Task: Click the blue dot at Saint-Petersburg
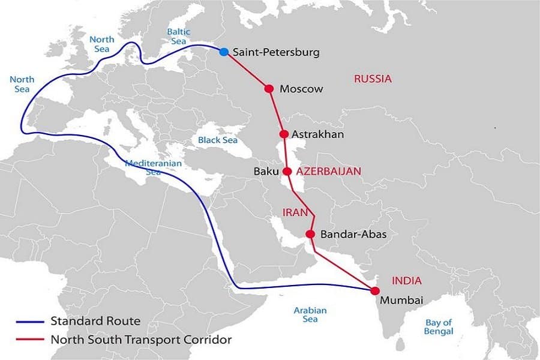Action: tap(224, 52)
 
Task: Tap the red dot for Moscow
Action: tap(269, 89)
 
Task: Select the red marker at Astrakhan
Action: tap(284, 134)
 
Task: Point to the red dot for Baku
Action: tap(287, 171)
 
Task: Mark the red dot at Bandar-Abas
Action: tap(310, 234)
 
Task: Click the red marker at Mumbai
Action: tap(375, 291)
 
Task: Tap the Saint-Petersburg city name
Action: tap(275, 52)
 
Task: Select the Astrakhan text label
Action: tap(317, 134)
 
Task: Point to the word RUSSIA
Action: tap(373, 79)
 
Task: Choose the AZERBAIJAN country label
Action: tap(329, 171)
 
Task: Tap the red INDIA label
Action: tap(406, 280)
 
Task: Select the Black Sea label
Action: tap(218, 140)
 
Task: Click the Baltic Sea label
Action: tap(179, 36)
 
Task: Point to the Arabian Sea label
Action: tap(310, 314)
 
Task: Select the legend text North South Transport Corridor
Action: tap(141, 339)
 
